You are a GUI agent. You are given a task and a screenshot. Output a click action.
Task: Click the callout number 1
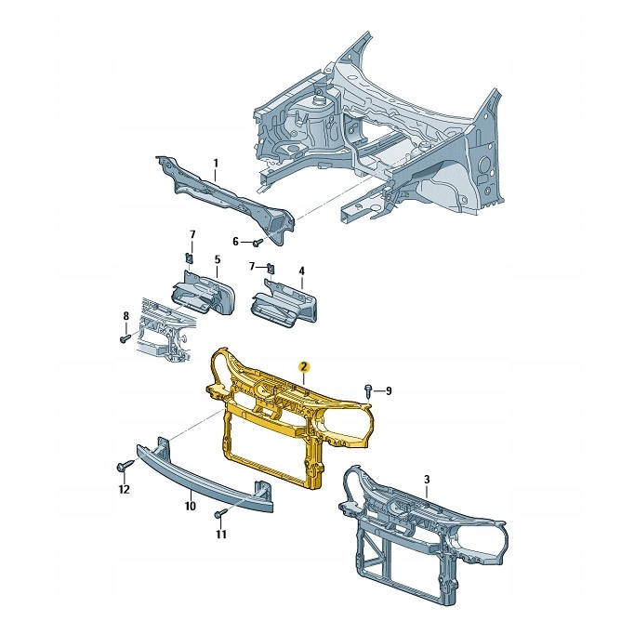click(x=216, y=164)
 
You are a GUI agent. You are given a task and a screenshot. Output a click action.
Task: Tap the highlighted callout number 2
click(x=304, y=366)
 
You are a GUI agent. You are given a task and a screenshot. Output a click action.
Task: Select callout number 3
click(x=427, y=480)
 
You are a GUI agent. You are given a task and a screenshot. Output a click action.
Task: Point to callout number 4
click(x=301, y=271)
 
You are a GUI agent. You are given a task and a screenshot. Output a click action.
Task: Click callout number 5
click(x=218, y=259)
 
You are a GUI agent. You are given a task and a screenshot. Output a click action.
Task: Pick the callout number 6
click(x=236, y=242)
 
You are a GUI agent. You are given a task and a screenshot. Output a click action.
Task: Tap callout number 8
click(x=125, y=315)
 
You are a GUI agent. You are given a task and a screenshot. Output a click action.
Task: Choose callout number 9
click(x=389, y=391)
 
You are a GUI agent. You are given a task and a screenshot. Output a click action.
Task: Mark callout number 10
click(x=190, y=506)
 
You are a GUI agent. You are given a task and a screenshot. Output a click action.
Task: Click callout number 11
click(x=220, y=535)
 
